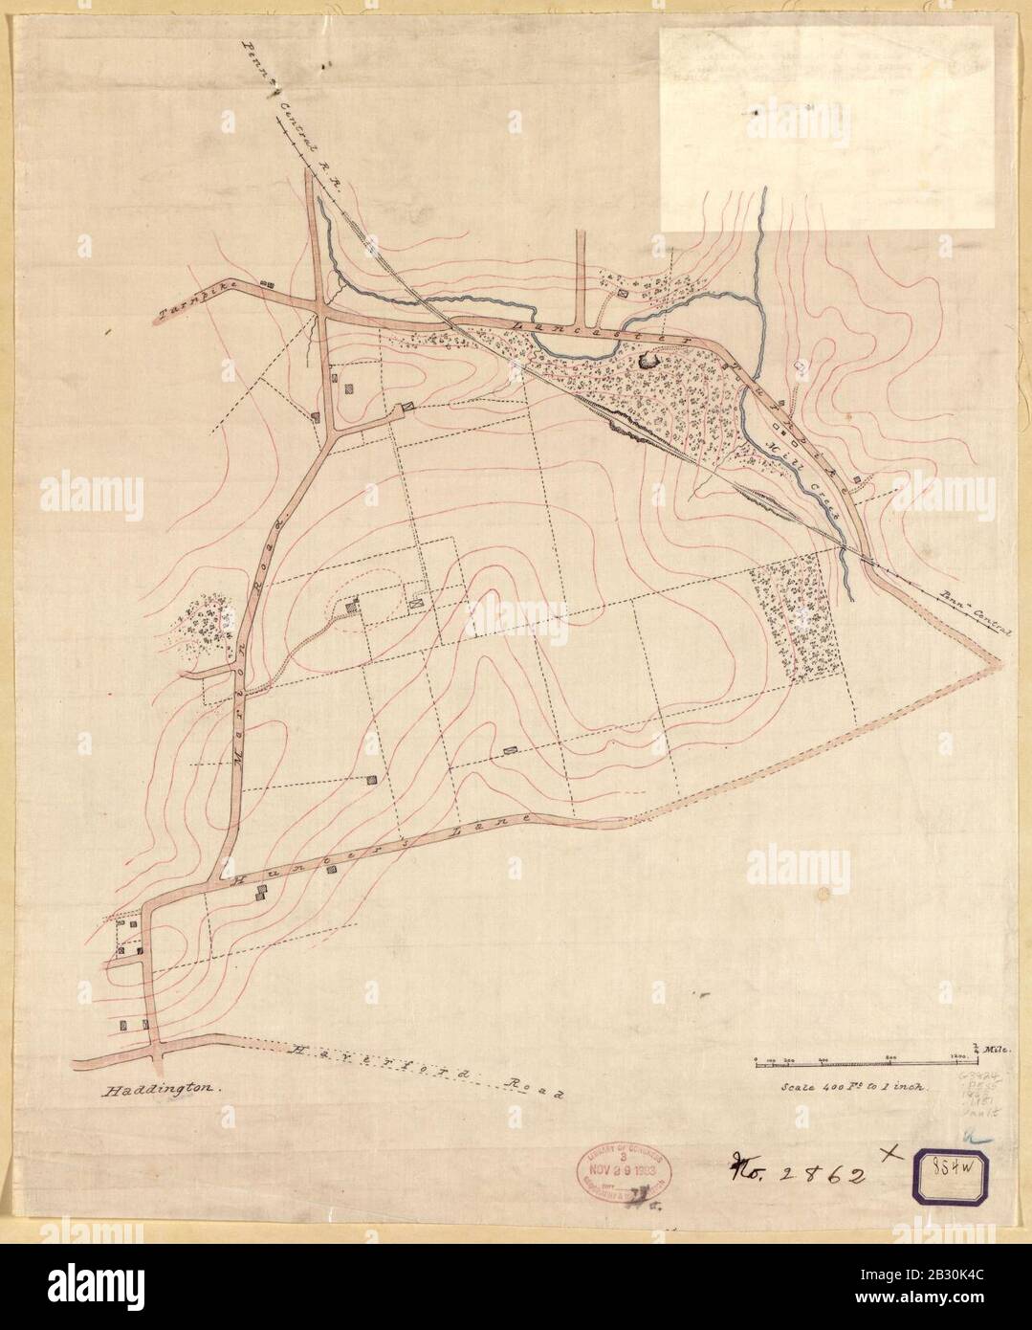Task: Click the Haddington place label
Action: click(160, 1089)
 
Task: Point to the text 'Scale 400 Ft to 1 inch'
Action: click(850, 1088)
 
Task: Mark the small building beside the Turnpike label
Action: click(267, 284)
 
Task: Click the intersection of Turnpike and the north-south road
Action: click(323, 309)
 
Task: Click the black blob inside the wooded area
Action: click(651, 362)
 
